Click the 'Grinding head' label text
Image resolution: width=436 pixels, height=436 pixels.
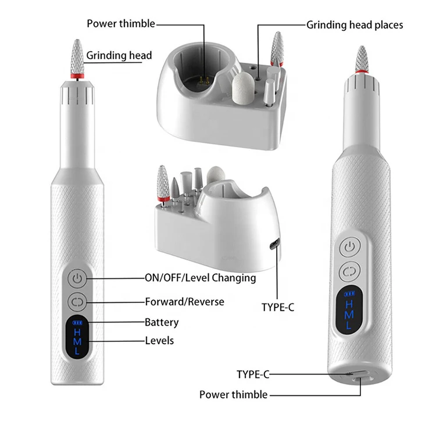[x=119, y=56]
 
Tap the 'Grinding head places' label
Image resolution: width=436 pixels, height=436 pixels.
[x=355, y=25]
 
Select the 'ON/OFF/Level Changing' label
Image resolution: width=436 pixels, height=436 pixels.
[x=200, y=278]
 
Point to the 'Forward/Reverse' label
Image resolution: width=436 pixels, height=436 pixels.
[x=184, y=302]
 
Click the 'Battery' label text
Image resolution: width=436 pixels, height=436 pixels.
[x=162, y=322]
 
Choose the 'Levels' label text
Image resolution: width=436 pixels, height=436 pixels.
[x=159, y=340]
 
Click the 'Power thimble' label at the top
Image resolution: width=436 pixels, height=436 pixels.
[x=121, y=24]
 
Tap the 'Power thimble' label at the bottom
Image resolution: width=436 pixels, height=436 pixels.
[x=233, y=395]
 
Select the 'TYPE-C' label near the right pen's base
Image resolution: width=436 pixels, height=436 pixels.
[x=253, y=374]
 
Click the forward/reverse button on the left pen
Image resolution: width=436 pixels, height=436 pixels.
[x=77, y=302]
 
